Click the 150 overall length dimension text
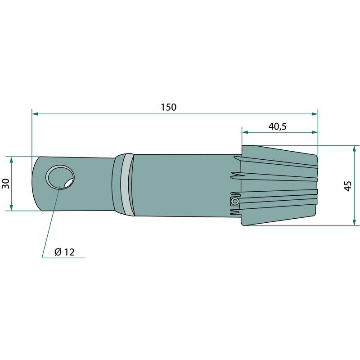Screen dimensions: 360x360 [168, 107]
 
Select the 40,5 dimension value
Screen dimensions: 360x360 [278, 126]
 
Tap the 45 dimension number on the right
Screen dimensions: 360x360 [348, 186]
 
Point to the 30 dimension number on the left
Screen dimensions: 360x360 [6, 184]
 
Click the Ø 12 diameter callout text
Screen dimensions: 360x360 [64, 252]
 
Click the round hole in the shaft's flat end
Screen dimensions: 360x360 [60, 177]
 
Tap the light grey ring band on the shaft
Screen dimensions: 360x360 [127, 184]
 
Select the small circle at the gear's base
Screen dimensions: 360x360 [235, 201]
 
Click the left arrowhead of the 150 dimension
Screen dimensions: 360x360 [35, 114]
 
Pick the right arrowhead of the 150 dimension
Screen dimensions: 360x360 [314, 114]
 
